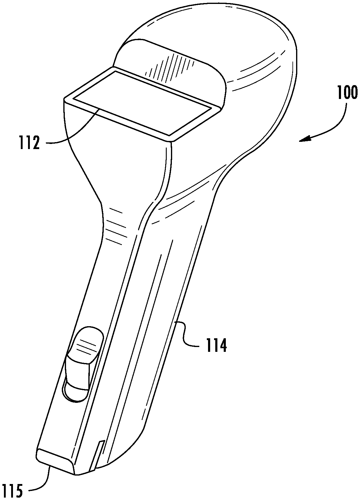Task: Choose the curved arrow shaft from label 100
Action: tap(335, 124)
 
